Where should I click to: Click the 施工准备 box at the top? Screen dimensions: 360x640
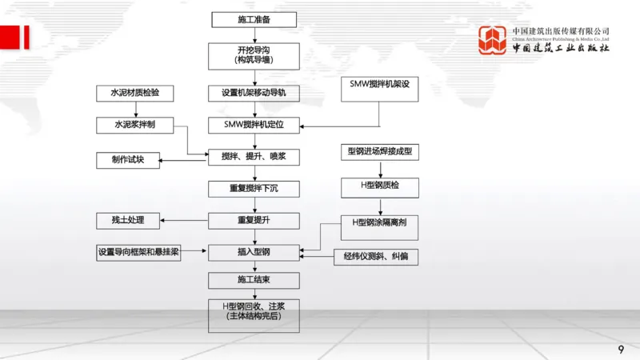pyautogui.click(x=254, y=19)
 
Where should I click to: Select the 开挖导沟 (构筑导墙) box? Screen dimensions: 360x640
pyautogui.click(x=254, y=54)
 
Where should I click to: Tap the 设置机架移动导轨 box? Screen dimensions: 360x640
pyautogui.click(x=254, y=93)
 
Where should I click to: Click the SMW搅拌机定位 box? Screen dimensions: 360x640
pyautogui.click(x=254, y=126)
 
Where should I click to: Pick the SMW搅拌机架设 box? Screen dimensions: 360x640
pyautogui.click(x=379, y=85)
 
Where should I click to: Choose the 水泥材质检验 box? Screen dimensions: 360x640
pyautogui.click(x=128, y=93)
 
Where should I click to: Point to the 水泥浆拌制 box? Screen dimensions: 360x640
pyautogui.click(x=128, y=126)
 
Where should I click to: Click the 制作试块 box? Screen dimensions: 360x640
pyautogui.click(x=128, y=160)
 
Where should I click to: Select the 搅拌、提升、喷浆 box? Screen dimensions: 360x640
pyautogui.click(x=254, y=157)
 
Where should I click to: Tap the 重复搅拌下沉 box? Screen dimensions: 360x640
pyautogui.click(x=254, y=190)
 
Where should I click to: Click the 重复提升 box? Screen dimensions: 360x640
pyautogui.click(x=254, y=220)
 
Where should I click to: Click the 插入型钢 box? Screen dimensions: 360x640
pyautogui.click(x=254, y=253)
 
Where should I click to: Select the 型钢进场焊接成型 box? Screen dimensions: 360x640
pyautogui.click(x=379, y=151)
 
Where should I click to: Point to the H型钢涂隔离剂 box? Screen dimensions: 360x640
pyautogui.click(x=379, y=222)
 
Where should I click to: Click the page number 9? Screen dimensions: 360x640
pyautogui.click(x=621, y=350)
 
